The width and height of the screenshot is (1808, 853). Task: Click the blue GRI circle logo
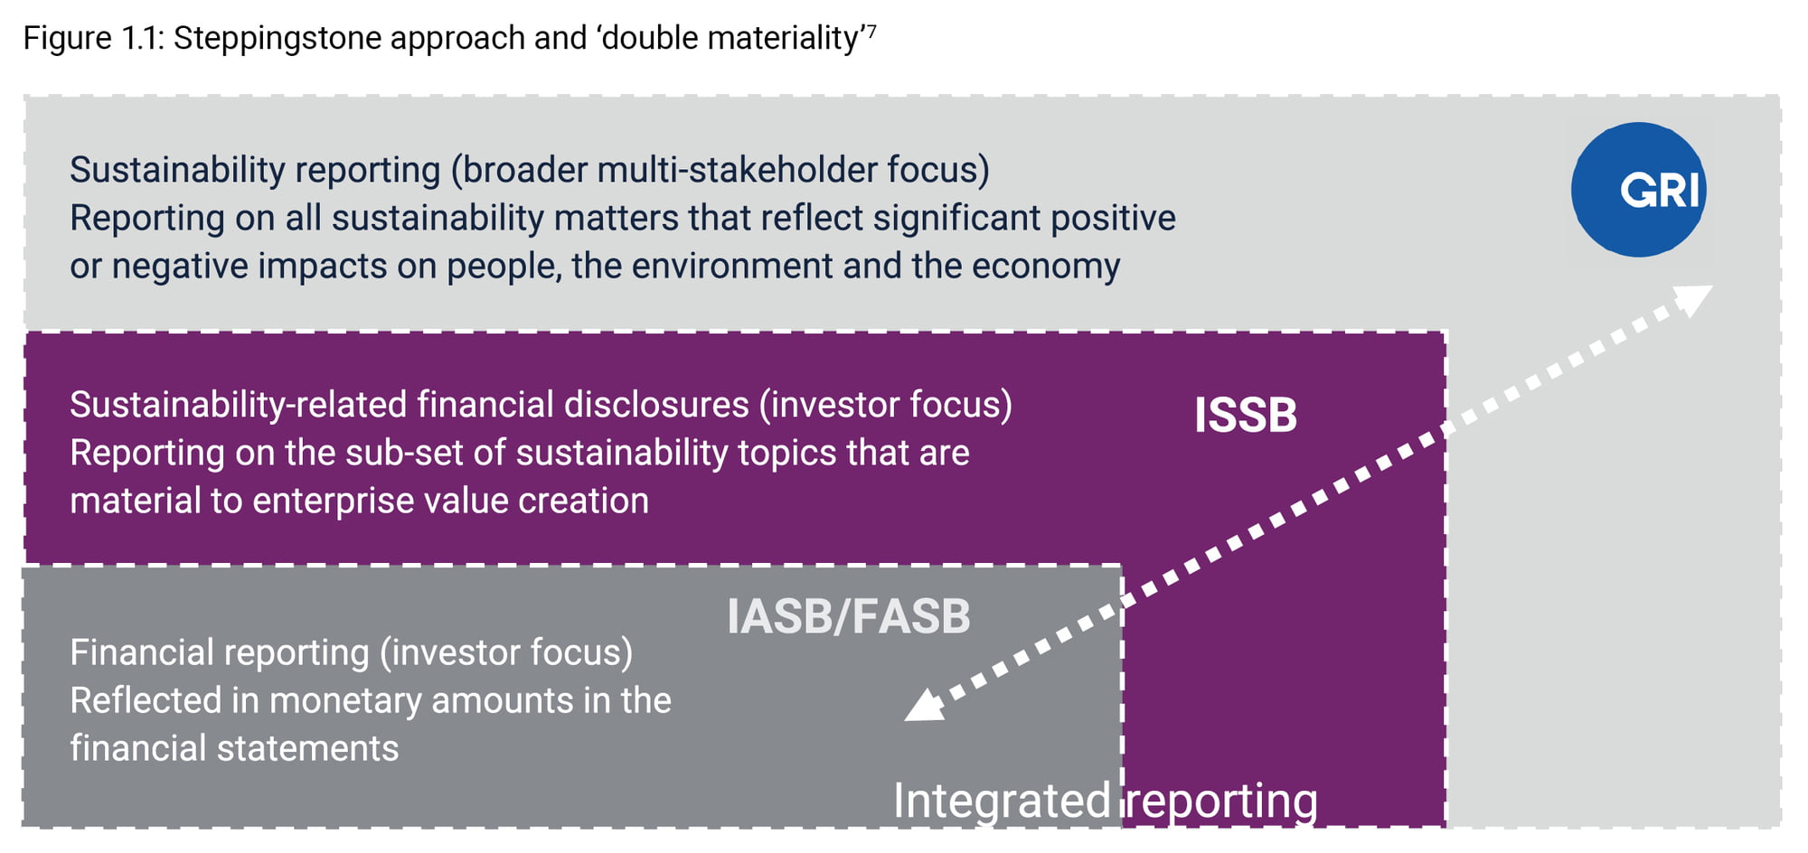pyautogui.click(x=1638, y=190)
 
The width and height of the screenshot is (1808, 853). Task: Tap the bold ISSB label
pyautogui.click(x=1246, y=416)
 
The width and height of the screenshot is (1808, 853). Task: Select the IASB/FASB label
pyautogui.click(x=848, y=616)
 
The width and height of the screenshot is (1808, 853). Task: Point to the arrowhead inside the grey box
pyautogui.click(x=926, y=705)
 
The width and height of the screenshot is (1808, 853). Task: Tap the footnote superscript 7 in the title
pyautogui.click(x=871, y=31)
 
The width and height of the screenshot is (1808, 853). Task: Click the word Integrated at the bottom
pyautogui.click(x=1002, y=801)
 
